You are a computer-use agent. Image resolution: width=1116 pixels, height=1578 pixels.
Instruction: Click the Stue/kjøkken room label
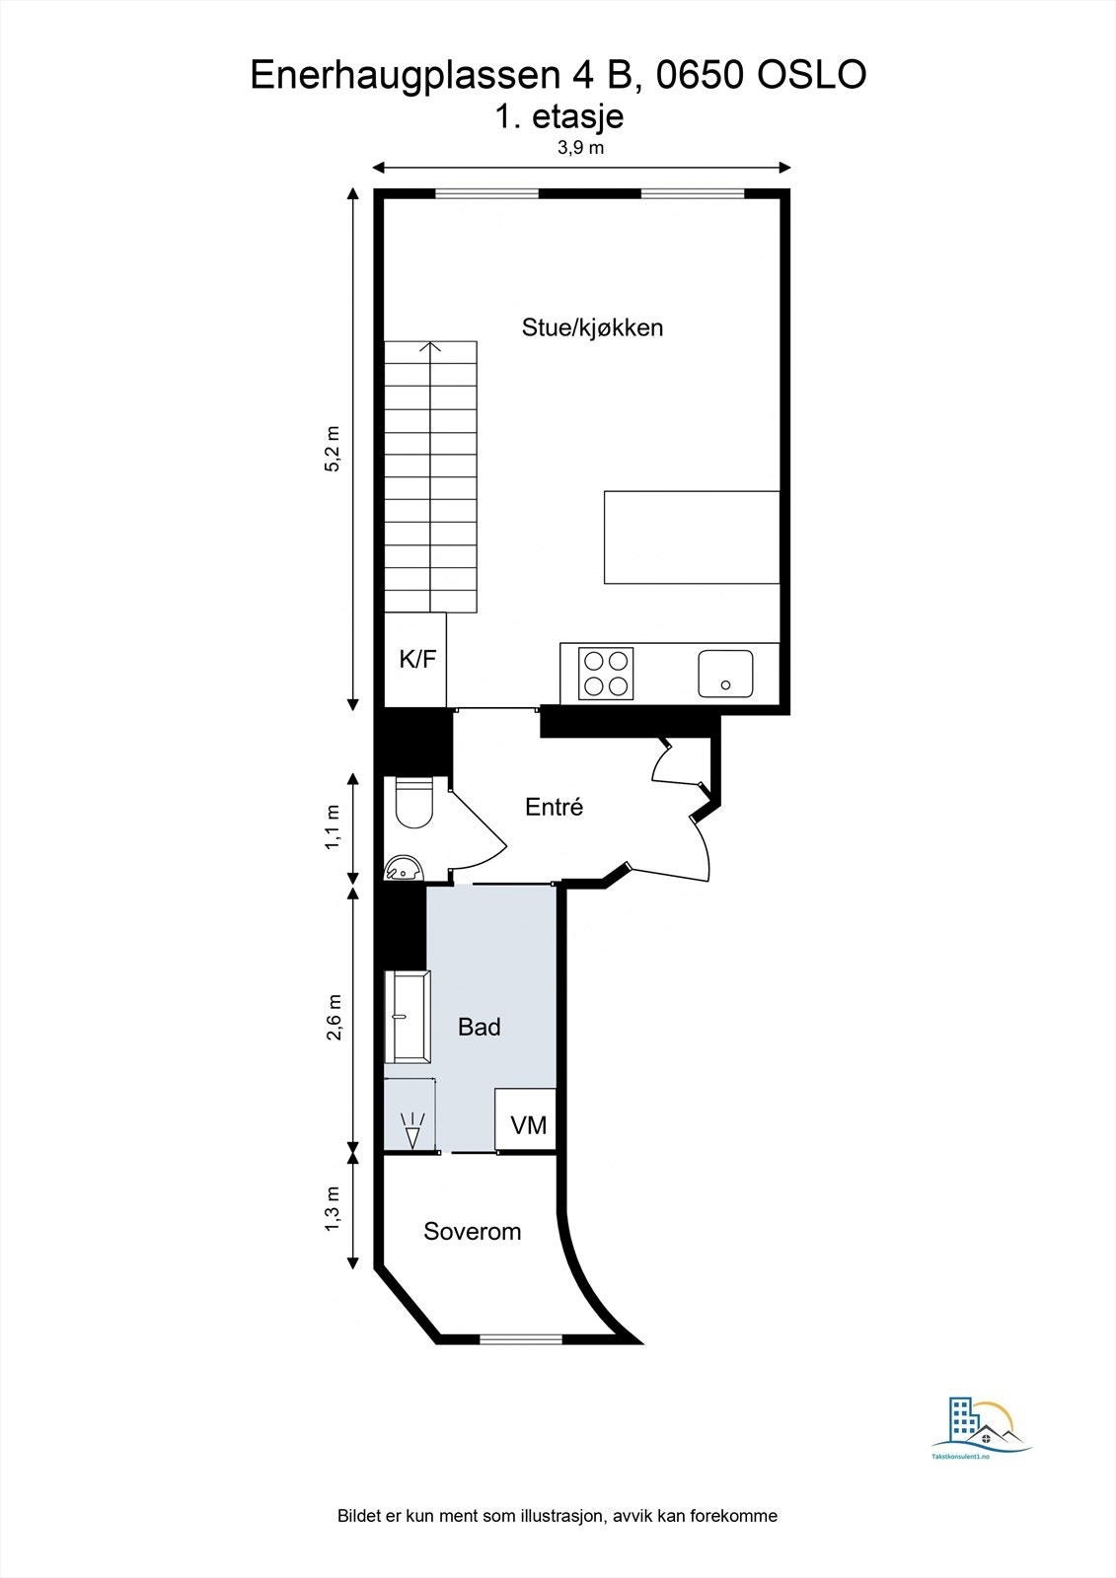pyautogui.click(x=592, y=327)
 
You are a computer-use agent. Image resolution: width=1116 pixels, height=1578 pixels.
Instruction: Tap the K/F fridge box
pyautogui.click(x=416, y=660)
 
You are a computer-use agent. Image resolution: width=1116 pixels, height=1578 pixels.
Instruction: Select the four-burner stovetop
pyautogui.click(x=606, y=674)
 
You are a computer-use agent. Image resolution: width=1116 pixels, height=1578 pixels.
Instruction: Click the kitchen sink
pyautogui.click(x=725, y=674)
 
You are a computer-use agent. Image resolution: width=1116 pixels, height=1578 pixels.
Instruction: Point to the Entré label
pyautogui.click(x=554, y=807)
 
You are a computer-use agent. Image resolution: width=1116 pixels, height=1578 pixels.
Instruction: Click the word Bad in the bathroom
pyautogui.click(x=480, y=1028)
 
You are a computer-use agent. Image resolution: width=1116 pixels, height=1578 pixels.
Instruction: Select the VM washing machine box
pyautogui.click(x=527, y=1124)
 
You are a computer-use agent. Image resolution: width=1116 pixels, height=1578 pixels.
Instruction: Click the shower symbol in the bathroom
pyautogui.click(x=412, y=1128)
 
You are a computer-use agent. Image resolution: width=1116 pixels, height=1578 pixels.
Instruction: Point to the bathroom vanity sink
pyautogui.click(x=408, y=1017)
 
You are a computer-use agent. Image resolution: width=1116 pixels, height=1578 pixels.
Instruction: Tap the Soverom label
pyautogui.click(x=473, y=1232)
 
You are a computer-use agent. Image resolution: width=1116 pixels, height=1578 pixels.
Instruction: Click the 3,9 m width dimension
pyautogui.click(x=580, y=149)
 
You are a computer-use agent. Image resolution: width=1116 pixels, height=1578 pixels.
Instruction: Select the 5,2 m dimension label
pyautogui.click(x=333, y=449)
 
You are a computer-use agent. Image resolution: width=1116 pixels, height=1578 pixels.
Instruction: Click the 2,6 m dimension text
pyautogui.click(x=333, y=1017)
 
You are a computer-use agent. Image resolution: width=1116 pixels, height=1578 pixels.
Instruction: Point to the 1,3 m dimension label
pyautogui.click(x=333, y=1207)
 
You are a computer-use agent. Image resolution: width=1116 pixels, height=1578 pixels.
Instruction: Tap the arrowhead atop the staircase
pyautogui.click(x=430, y=346)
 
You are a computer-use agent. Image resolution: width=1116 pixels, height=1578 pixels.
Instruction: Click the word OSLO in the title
pyautogui.click(x=811, y=75)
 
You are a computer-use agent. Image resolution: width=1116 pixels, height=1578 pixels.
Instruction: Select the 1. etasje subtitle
pyautogui.click(x=559, y=116)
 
